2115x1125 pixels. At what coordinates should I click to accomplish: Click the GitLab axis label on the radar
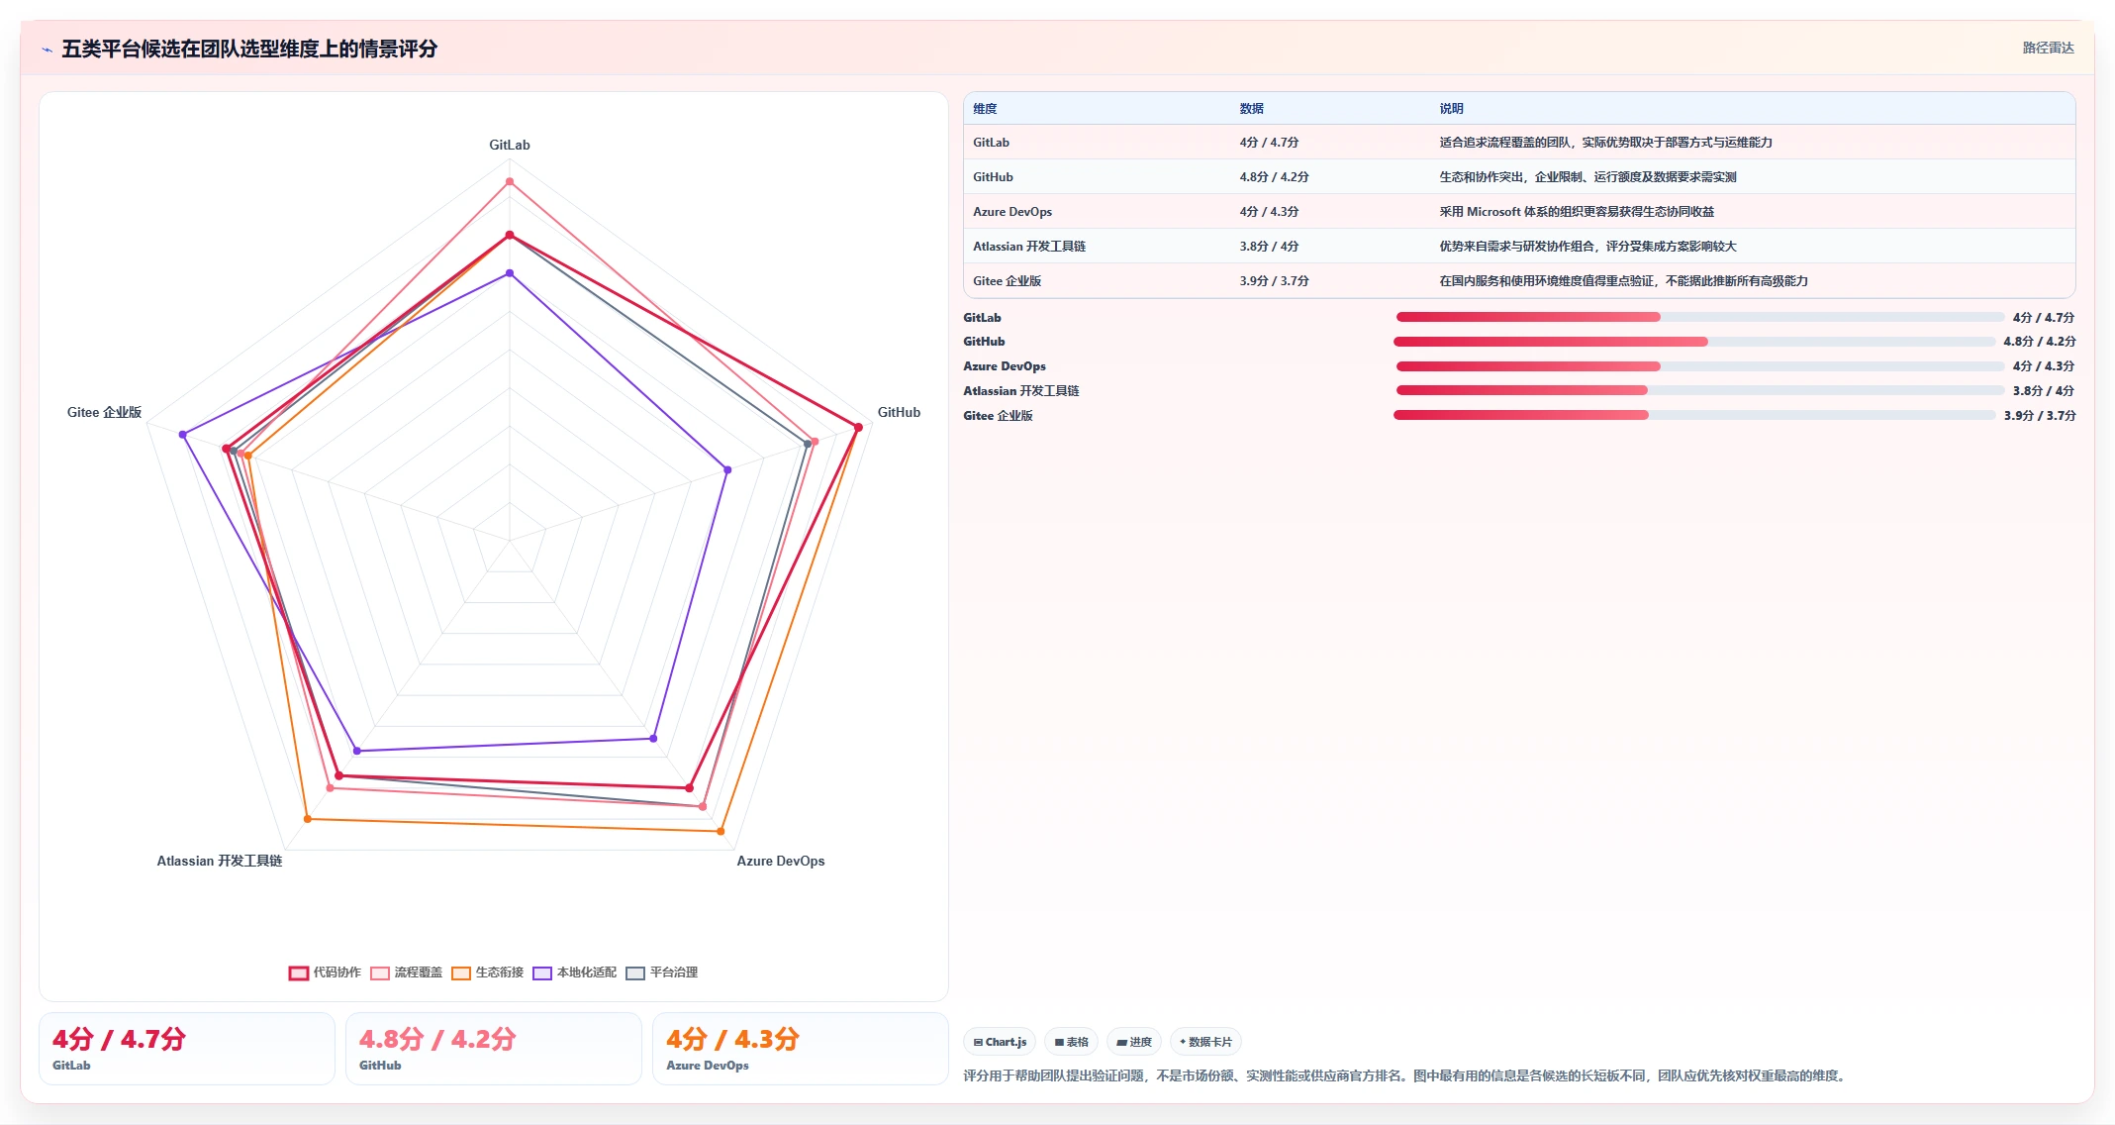click(510, 145)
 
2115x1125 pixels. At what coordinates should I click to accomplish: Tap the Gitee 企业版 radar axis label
click(104, 412)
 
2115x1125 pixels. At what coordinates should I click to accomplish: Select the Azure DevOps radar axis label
click(780, 861)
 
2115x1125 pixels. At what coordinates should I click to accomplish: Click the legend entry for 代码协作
click(325, 972)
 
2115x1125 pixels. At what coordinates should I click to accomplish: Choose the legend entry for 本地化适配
click(574, 972)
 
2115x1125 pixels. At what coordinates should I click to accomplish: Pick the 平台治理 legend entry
click(661, 972)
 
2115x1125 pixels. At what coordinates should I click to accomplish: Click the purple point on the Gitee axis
click(183, 435)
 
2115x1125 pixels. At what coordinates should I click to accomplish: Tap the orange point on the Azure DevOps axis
click(721, 831)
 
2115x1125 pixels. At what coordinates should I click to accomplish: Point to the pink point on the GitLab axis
click(510, 181)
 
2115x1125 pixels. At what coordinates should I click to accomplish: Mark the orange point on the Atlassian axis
click(308, 819)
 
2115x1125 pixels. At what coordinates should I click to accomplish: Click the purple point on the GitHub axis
click(727, 469)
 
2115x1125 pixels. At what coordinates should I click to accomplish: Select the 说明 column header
click(1451, 109)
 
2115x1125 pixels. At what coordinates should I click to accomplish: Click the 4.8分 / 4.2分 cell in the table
click(1274, 177)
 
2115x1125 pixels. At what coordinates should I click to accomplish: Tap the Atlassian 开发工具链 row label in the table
click(1029, 247)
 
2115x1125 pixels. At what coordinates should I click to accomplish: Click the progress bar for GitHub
click(1694, 342)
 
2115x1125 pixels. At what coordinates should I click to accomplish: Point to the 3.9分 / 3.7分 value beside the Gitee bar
click(2040, 416)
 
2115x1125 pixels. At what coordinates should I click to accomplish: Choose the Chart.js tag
click(1000, 1042)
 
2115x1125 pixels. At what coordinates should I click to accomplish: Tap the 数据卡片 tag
click(1205, 1042)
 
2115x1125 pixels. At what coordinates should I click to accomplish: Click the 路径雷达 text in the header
click(2048, 48)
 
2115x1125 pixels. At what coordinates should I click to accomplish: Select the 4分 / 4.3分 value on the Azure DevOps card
click(732, 1039)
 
